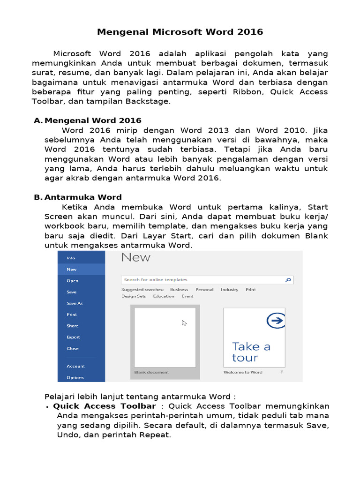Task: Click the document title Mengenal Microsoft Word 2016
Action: point(180,32)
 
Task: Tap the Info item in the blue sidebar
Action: point(71,258)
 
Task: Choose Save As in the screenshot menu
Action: point(75,303)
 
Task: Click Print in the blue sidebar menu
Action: point(72,315)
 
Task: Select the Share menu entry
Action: point(73,326)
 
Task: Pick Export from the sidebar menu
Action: point(73,337)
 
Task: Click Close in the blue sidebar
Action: point(73,348)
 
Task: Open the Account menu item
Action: point(75,366)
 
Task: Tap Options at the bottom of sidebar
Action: point(75,377)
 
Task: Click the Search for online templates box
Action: point(202,280)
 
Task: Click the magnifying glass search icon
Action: point(288,280)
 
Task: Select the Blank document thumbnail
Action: point(165,337)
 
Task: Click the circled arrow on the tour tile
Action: point(276,321)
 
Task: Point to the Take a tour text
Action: point(251,352)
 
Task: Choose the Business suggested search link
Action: point(179,290)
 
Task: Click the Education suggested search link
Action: point(164,296)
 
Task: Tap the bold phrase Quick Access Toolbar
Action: point(105,406)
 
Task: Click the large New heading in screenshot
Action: point(136,257)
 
